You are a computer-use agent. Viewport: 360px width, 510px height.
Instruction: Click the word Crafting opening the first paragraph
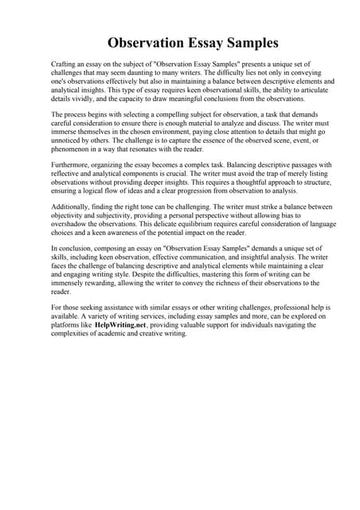[x=64, y=63]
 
